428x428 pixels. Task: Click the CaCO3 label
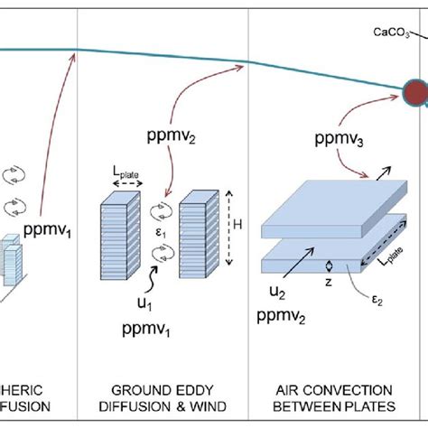click(x=393, y=33)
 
